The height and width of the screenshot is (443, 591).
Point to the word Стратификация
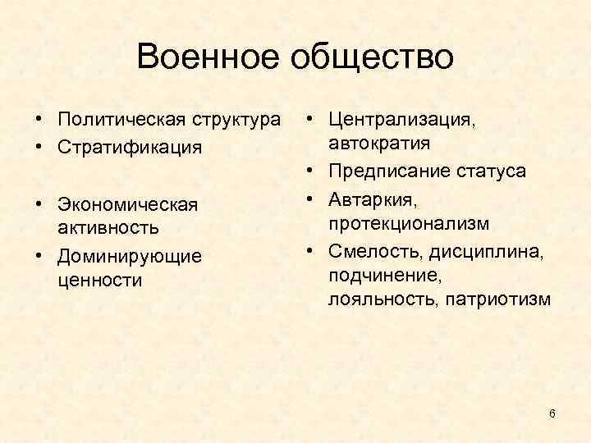[130, 148]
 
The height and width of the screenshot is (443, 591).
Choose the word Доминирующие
[130, 257]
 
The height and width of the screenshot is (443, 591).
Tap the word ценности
[99, 280]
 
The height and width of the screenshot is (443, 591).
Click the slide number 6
[552, 413]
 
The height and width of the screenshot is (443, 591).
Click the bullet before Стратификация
[39, 148]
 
